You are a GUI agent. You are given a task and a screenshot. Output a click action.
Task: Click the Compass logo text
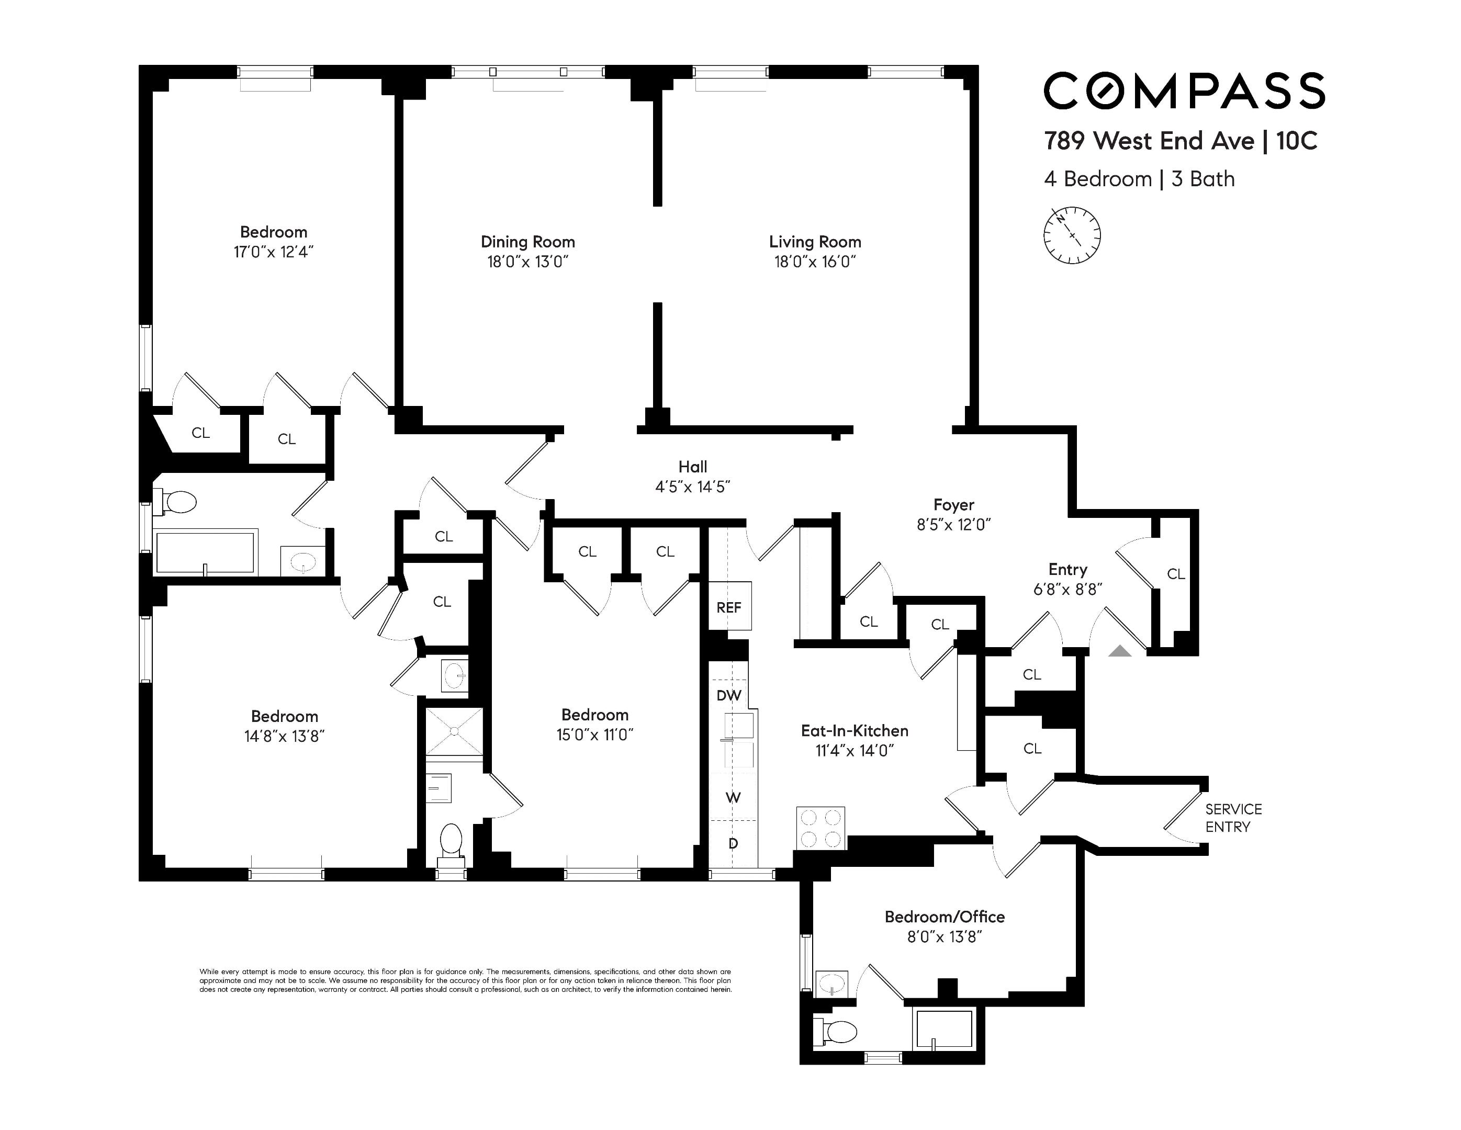(x=1184, y=91)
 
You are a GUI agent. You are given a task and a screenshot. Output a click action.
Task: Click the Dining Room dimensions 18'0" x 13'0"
(x=528, y=262)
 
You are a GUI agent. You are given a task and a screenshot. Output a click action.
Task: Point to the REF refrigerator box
(x=729, y=606)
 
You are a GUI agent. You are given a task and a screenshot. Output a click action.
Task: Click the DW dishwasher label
(x=728, y=695)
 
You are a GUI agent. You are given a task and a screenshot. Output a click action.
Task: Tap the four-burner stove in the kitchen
(x=821, y=828)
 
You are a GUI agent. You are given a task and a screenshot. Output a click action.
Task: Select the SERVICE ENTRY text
(x=1233, y=818)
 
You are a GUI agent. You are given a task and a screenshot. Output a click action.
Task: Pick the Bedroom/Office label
(x=945, y=917)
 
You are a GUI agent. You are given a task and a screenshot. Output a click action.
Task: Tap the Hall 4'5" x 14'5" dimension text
(x=692, y=487)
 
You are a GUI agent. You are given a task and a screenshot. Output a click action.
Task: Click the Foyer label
(x=954, y=505)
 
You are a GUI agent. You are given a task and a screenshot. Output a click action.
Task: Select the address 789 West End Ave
(x=1149, y=141)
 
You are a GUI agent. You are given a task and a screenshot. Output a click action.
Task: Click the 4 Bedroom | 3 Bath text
(x=1139, y=179)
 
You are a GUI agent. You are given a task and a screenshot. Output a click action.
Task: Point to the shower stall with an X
(x=454, y=732)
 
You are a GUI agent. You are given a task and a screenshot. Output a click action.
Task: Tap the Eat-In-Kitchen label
(x=855, y=731)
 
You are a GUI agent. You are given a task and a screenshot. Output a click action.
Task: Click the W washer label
(x=733, y=797)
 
